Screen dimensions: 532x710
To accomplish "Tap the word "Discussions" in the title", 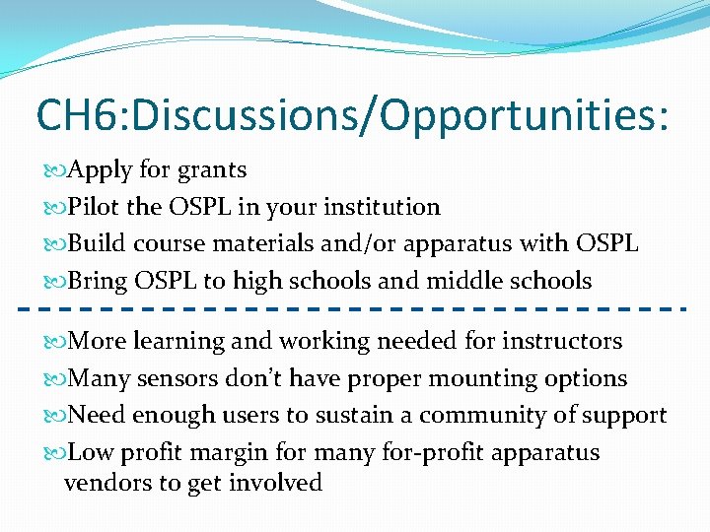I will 250,113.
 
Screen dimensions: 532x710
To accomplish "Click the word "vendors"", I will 106,484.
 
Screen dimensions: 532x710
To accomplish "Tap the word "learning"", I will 177,342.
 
